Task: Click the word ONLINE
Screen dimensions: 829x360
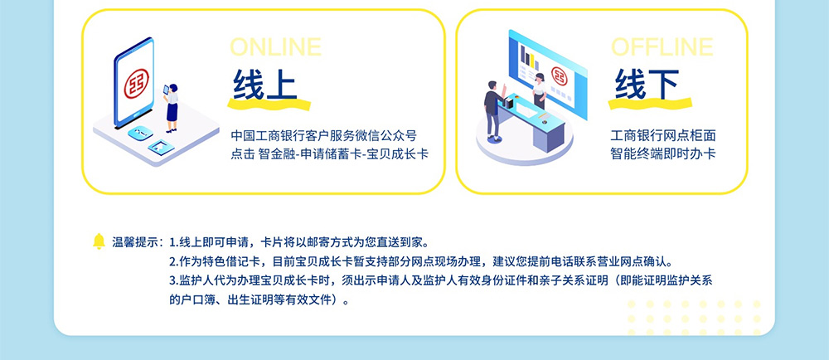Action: [x=275, y=47]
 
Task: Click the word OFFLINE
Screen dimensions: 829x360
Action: [x=662, y=47]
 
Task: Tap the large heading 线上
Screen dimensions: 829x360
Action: [x=264, y=84]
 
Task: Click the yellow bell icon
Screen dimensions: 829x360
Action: [x=99, y=241]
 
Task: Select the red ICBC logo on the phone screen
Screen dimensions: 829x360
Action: [x=137, y=84]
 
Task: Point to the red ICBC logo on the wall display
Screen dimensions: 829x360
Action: [x=559, y=75]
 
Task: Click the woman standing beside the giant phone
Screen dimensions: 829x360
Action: [x=172, y=108]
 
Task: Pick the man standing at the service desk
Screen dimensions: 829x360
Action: [x=494, y=111]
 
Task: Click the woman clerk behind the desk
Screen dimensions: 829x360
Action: [x=539, y=91]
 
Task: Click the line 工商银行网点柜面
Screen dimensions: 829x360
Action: [x=663, y=136]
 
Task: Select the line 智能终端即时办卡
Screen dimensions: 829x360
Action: [x=663, y=153]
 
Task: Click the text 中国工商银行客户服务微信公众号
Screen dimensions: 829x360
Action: [x=323, y=136]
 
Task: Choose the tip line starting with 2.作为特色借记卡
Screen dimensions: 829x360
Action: [x=421, y=261]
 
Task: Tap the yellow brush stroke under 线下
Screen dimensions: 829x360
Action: [x=650, y=104]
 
